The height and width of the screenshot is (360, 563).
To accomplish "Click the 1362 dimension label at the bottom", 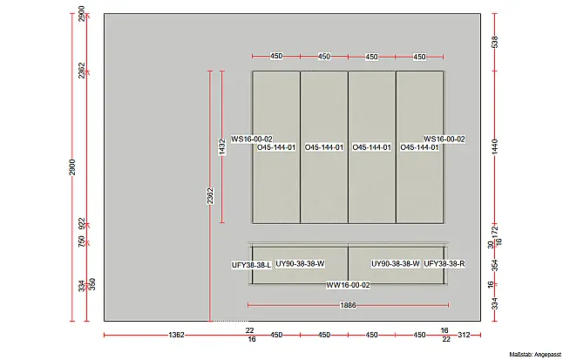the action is click(176, 335).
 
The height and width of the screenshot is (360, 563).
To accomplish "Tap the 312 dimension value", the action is click(464, 335).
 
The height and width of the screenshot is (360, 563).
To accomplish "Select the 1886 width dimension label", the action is click(348, 305).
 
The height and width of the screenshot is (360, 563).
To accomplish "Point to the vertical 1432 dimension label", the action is click(222, 147).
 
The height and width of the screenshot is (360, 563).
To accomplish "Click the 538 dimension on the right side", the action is click(495, 42).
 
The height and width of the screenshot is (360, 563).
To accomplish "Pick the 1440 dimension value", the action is click(495, 147).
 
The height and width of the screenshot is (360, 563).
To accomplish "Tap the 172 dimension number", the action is click(495, 230).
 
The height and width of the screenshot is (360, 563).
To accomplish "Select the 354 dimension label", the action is click(495, 265).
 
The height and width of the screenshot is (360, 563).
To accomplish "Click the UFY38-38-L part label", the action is click(251, 265).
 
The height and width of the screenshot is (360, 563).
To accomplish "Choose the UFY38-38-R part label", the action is click(444, 264).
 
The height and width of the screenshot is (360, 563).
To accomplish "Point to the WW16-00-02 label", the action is click(348, 285).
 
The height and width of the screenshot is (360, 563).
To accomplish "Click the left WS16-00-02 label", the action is click(252, 139).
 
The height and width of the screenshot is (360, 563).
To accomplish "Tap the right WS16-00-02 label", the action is click(444, 139).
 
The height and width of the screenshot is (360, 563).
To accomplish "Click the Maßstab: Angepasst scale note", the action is click(535, 355).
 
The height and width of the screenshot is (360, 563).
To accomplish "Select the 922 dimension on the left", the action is click(82, 223).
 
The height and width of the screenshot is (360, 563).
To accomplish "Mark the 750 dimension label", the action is click(82, 241).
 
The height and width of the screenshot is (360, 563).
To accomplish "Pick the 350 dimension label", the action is click(92, 284).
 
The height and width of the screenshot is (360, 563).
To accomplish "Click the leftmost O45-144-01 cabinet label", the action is click(276, 147).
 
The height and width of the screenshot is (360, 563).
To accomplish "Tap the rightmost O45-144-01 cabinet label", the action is click(419, 147).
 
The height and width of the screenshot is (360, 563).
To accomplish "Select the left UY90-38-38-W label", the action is click(300, 264).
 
